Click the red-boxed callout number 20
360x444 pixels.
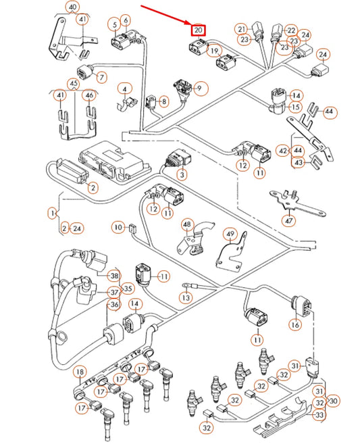[198, 31]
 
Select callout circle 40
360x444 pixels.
[73, 7]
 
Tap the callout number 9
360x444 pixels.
[200, 87]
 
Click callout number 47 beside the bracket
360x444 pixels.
[290, 220]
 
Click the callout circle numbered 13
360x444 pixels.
[186, 296]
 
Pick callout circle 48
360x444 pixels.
[186, 224]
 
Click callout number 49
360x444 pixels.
[230, 235]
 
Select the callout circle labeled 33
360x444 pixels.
[320, 415]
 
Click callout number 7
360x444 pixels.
[101, 77]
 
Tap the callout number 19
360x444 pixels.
[214, 51]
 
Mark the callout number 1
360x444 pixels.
[52, 214]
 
